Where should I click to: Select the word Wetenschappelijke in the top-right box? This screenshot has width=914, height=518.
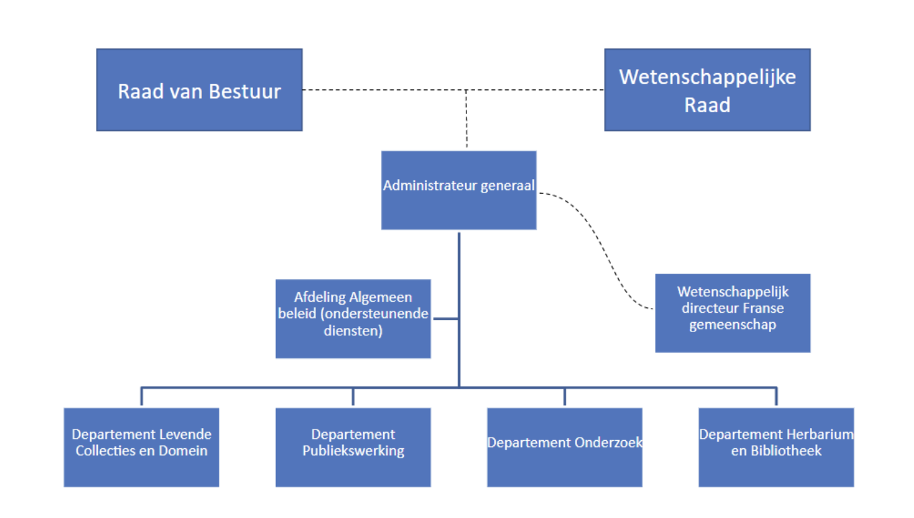(x=707, y=77)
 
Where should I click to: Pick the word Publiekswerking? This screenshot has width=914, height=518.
(x=353, y=450)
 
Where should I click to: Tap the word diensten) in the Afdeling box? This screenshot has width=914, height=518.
(x=353, y=330)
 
